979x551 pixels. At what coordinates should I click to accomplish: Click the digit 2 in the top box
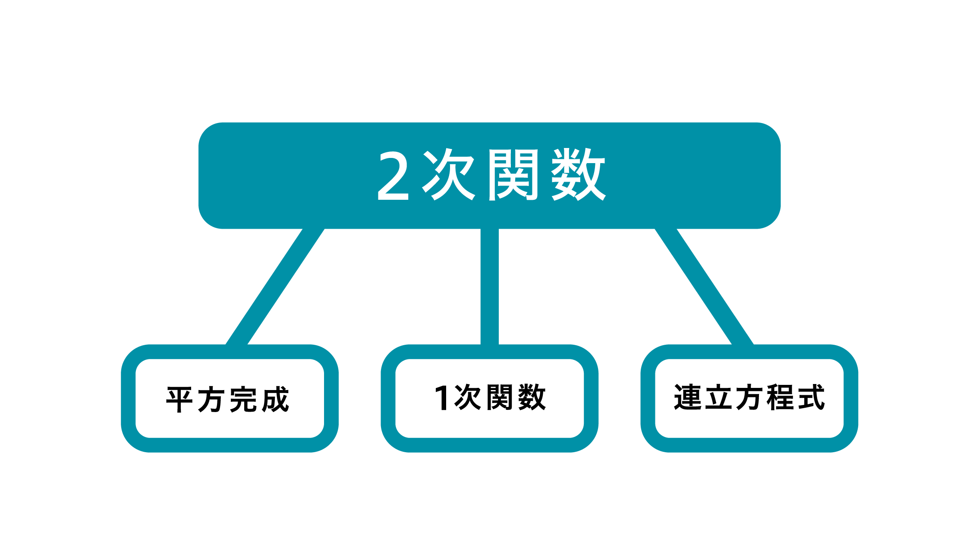click(393, 176)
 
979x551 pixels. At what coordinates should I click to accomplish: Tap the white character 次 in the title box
click(449, 174)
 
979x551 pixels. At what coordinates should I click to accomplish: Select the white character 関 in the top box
click(513, 175)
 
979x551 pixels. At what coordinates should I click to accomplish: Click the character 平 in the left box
click(179, 400)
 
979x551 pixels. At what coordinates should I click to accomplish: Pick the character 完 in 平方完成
click(243, 400)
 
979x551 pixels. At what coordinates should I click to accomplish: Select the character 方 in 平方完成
click(211, 400)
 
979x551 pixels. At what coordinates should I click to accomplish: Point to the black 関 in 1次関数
click(499, 397)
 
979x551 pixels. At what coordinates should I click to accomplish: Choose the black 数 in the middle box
click(532, 397)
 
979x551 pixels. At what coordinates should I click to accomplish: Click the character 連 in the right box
click(688, 397)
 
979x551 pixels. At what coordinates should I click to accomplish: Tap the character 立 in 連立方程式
click(719, 397)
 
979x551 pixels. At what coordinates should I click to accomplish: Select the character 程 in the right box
click(781, 397)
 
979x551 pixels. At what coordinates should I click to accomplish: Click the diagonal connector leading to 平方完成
click(275, 287)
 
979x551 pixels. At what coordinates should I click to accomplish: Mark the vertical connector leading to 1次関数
click(489, 287)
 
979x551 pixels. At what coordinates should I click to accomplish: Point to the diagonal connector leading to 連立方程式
click(704, 287)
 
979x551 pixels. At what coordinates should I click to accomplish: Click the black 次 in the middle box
click(468, 397)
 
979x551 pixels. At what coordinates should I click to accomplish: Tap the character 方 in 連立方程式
click(749, 397)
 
